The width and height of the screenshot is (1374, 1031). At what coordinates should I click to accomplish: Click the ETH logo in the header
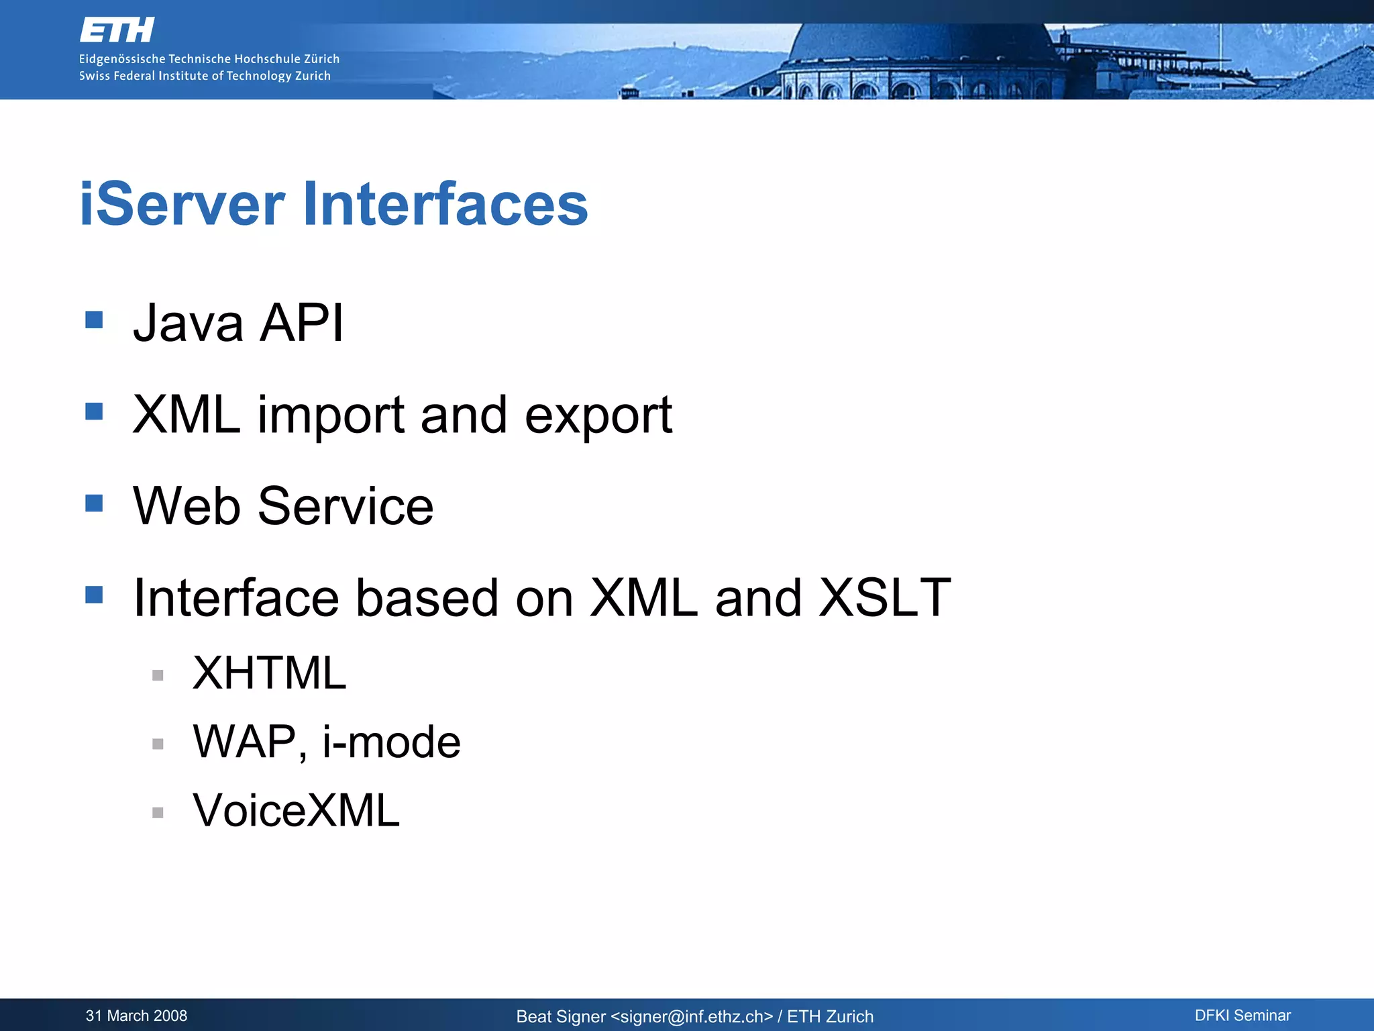pyautogui.click(x=117, y=30)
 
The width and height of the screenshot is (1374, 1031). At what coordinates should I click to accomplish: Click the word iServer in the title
pyautogui.click(x=182, y=204)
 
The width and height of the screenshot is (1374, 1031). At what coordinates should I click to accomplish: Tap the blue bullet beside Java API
pyautogui.click(x=94, y=320)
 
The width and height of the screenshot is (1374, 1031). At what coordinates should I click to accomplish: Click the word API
pyautogui.click(x=301, y=324)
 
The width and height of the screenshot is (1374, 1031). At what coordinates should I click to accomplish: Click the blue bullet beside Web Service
pyautogui.click(x=94, y=503)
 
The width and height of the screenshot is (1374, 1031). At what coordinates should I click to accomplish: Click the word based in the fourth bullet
pyautogui.click(x=427, y=597)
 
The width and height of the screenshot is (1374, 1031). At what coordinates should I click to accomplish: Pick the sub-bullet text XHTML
pyautogui.click(x=269, y=673)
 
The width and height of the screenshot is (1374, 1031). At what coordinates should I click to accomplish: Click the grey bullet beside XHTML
pyautogui.click(x=158, y=675)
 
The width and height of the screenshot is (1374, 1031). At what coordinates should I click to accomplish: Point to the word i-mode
pyautogui.click(x=391, y=742)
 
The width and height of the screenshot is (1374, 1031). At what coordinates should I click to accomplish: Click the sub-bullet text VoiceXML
pyautogui.click(x=296, y=811)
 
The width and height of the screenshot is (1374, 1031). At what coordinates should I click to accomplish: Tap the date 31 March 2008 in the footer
pyautogui.click(x=136, y=1016)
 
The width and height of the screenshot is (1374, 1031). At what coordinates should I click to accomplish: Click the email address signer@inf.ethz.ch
pyautogui.click(x=692, y=1017)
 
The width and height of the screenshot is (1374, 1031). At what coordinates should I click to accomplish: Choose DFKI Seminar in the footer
pyautogui.click(x=1243, y=1016)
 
